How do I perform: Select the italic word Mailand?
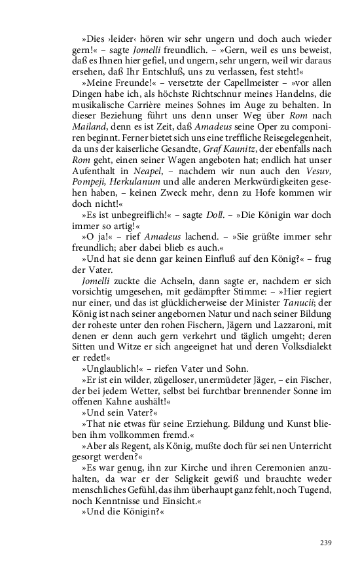(x=90, y=118)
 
